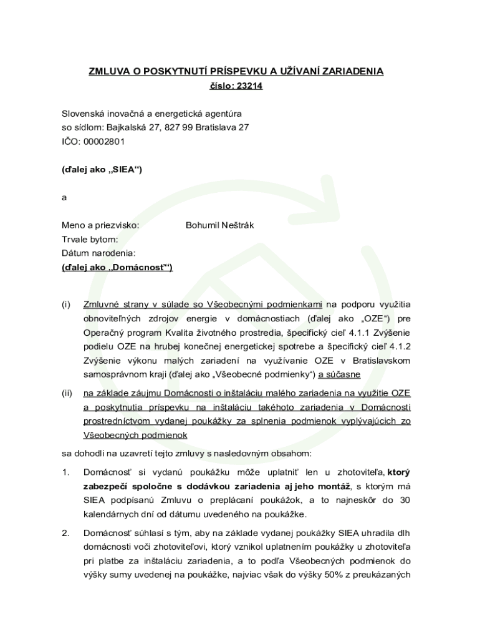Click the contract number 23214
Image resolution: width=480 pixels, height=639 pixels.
(249, 86)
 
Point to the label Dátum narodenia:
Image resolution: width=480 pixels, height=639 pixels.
(98, 253)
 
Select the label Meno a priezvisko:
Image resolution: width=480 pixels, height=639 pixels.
(100, 225)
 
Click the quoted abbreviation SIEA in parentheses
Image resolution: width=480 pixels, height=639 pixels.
(124, 169)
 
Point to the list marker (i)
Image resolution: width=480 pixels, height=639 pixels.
(66, 305)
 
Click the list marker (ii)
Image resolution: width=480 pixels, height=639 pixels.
(67, 393)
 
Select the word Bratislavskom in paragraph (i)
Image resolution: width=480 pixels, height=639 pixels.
(382, 361)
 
